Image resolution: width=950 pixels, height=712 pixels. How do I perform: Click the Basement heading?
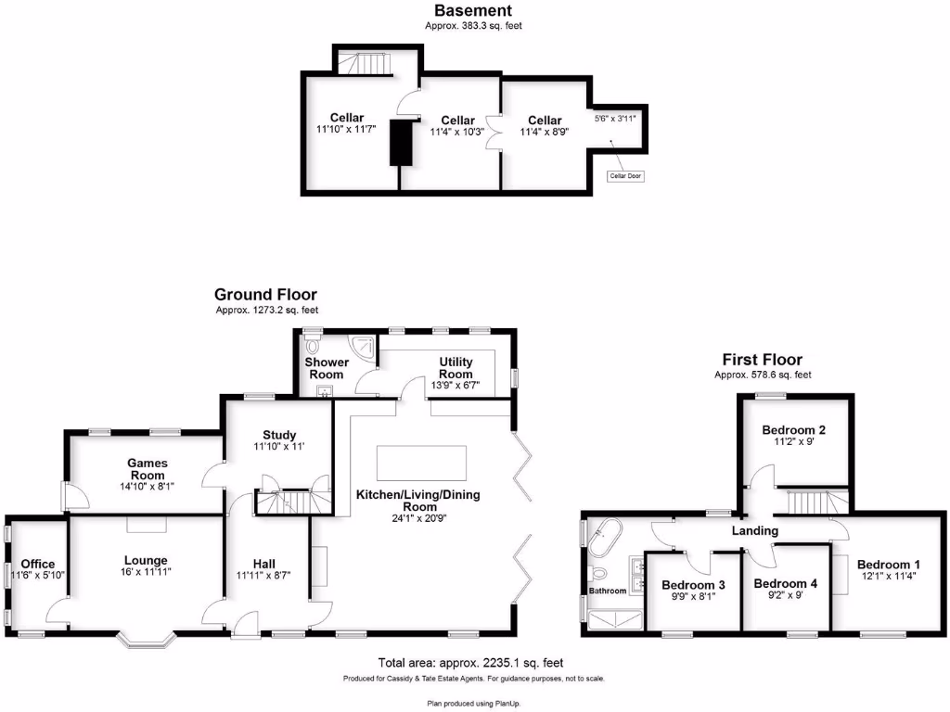473,11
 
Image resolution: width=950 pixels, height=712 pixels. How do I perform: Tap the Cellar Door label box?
625,175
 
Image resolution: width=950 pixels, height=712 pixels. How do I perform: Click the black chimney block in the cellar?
401,142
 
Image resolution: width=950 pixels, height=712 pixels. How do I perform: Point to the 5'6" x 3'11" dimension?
614,119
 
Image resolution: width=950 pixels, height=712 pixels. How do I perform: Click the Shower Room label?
327,368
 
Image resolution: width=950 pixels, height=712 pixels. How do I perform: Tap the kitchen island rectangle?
421,462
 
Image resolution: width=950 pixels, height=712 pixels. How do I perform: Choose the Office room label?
38,564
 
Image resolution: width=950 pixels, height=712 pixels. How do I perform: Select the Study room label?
279,435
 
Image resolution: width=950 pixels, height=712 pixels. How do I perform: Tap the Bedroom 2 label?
793,430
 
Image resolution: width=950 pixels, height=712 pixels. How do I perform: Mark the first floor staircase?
816,502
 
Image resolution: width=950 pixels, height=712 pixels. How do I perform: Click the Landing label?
754,530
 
